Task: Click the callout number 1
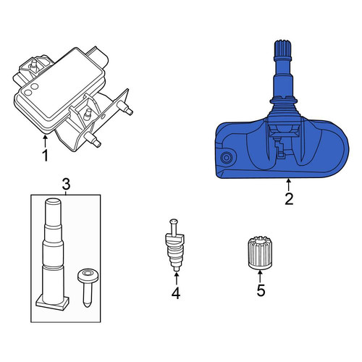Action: tap(45, 156)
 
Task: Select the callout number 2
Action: tap(289, 199)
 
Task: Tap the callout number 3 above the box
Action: tap(66, 185)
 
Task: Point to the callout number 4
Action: tap(176, 293)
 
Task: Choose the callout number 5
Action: tap(261, 290)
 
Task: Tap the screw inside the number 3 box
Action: tap(88, 287)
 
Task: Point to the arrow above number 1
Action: tap(45, 141)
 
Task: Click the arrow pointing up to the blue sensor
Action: tap(289, 185)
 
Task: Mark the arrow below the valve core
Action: tap(177, 279)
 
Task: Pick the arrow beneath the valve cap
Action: tap(260, 276)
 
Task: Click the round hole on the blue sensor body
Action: tap(227, 158)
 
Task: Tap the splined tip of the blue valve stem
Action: tap(283, 48)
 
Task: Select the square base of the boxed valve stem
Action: tap(52, 303)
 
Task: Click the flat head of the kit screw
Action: tap(88, 275)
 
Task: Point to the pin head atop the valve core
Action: tap(174, 221)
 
